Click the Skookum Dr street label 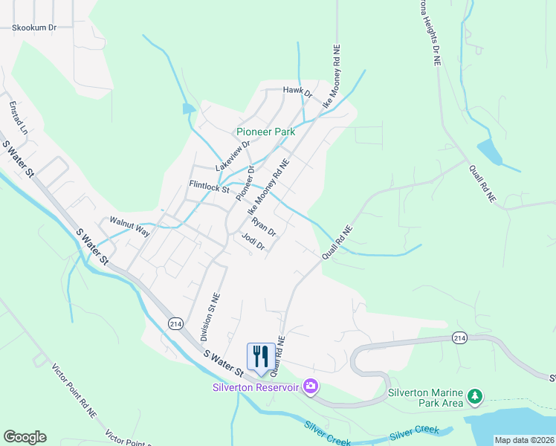pyautogui.click(x=33, y=28)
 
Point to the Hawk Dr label pyautogui.click(x=297, y=91)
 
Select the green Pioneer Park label pyautogui.click(x=265, y=132)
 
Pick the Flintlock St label pyautogui.click(x=209, y=187)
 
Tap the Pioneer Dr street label pyautogui.click(x=245, y=183)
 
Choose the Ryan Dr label pyautogui.click(x=263, y=226)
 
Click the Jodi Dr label pyautogui.click(x=253, y=242)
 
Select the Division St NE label pyautogui.click(x=207, y=317)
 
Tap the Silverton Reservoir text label pyautogui.click(x=255, y=387)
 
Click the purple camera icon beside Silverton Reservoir pyautogui.click(x=310, y=387)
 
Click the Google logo pyautogui.click(x=25, y=437)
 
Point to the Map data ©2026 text pyautogui.click(x=525, y=440)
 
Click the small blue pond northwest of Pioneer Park pyautogui.click(x=189, y=109)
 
